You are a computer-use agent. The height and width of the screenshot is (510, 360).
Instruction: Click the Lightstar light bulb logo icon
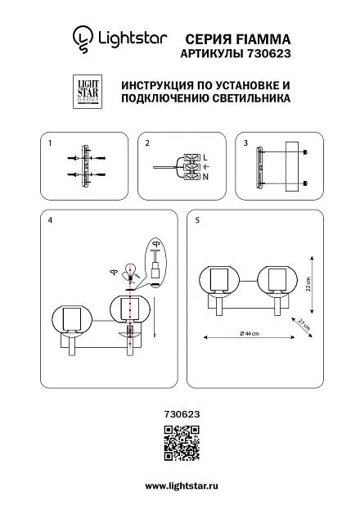pyautogui.click(x=83, y=39)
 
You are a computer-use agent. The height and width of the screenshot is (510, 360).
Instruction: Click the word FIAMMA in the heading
pyautogui.click(x=263, y=39)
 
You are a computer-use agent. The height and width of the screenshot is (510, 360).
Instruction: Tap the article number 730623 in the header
pyautogui.click(x=268, y=53)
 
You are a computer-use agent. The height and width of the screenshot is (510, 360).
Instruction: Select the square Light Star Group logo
pyautogui.click(x=88, y=92)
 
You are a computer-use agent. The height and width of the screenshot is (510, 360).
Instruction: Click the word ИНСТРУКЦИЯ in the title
pyautogui.click(x=157, y=85)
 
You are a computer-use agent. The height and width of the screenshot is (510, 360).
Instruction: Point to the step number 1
pyautogui.click(x=50, y=143)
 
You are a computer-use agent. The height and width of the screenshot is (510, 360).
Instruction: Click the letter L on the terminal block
pyautogui.click(x=205, y=158)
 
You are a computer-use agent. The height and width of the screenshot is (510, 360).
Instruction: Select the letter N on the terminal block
pyautogui.click(x=205, y=177)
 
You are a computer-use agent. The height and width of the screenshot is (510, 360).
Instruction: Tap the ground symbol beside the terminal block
pyautogui.click(x=206, y=167)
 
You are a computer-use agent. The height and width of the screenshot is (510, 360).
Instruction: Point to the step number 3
pyautogui.click(x=245, y=143)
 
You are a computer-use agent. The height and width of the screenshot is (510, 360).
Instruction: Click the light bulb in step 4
pyautogui.click(x=130, y=273)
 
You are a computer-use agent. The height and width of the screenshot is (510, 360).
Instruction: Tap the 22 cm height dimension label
pyautogui.click(x=308, y=284)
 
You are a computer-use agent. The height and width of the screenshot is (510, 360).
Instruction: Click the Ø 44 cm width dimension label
pyautogui.click(x=250, y=333)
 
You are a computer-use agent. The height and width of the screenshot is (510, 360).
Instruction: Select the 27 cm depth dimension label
pyautogui.click(x=304, y=324)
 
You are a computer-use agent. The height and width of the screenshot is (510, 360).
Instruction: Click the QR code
pyautogui.click(x=182, y=443)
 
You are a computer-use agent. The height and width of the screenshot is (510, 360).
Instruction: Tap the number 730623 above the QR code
pyautogui.click(x=182, y=414)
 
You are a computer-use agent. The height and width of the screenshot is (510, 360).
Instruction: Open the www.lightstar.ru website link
pyautogui.click(x=182, y=486)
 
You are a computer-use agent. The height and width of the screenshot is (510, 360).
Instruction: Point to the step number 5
pyautogui.click(x=197, y=220)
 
